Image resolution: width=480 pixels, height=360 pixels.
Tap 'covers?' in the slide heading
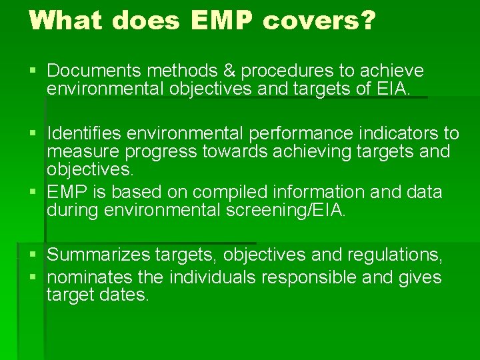[319, 20]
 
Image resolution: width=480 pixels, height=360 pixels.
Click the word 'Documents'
[94, 71]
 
